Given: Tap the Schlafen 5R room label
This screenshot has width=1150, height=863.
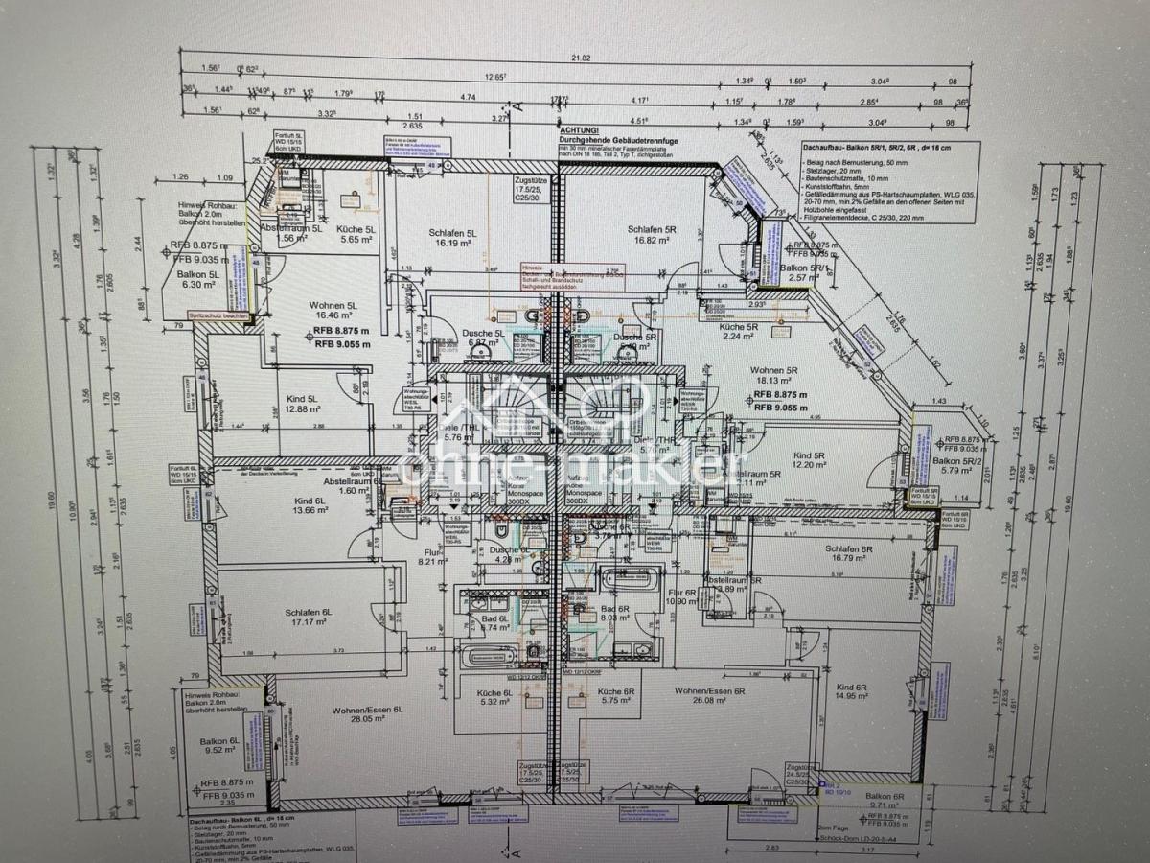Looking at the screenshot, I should pyautogui.click(x=653, y=229).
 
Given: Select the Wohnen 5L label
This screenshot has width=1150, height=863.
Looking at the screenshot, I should pyautogui.click(x=333, y=306).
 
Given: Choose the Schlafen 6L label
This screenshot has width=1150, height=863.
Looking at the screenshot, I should pyautogui.click(x=308, y=613).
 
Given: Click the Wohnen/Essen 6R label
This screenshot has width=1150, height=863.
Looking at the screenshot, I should pyautogui.click(x=709, y=691).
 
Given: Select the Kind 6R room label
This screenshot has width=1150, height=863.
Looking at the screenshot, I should pyautogui.click(x=851, y=688).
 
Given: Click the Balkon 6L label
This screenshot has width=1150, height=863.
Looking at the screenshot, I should pyautogui.click(x=219, y=742).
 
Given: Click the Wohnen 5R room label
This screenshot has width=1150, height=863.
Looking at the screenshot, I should pyautogui.click(x=774, y=370).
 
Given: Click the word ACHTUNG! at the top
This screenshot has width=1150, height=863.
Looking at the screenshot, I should pyautogui.click(x=579, y=129).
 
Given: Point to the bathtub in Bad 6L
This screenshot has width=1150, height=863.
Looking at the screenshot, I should pyautogui.click(x=489, y=658).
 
